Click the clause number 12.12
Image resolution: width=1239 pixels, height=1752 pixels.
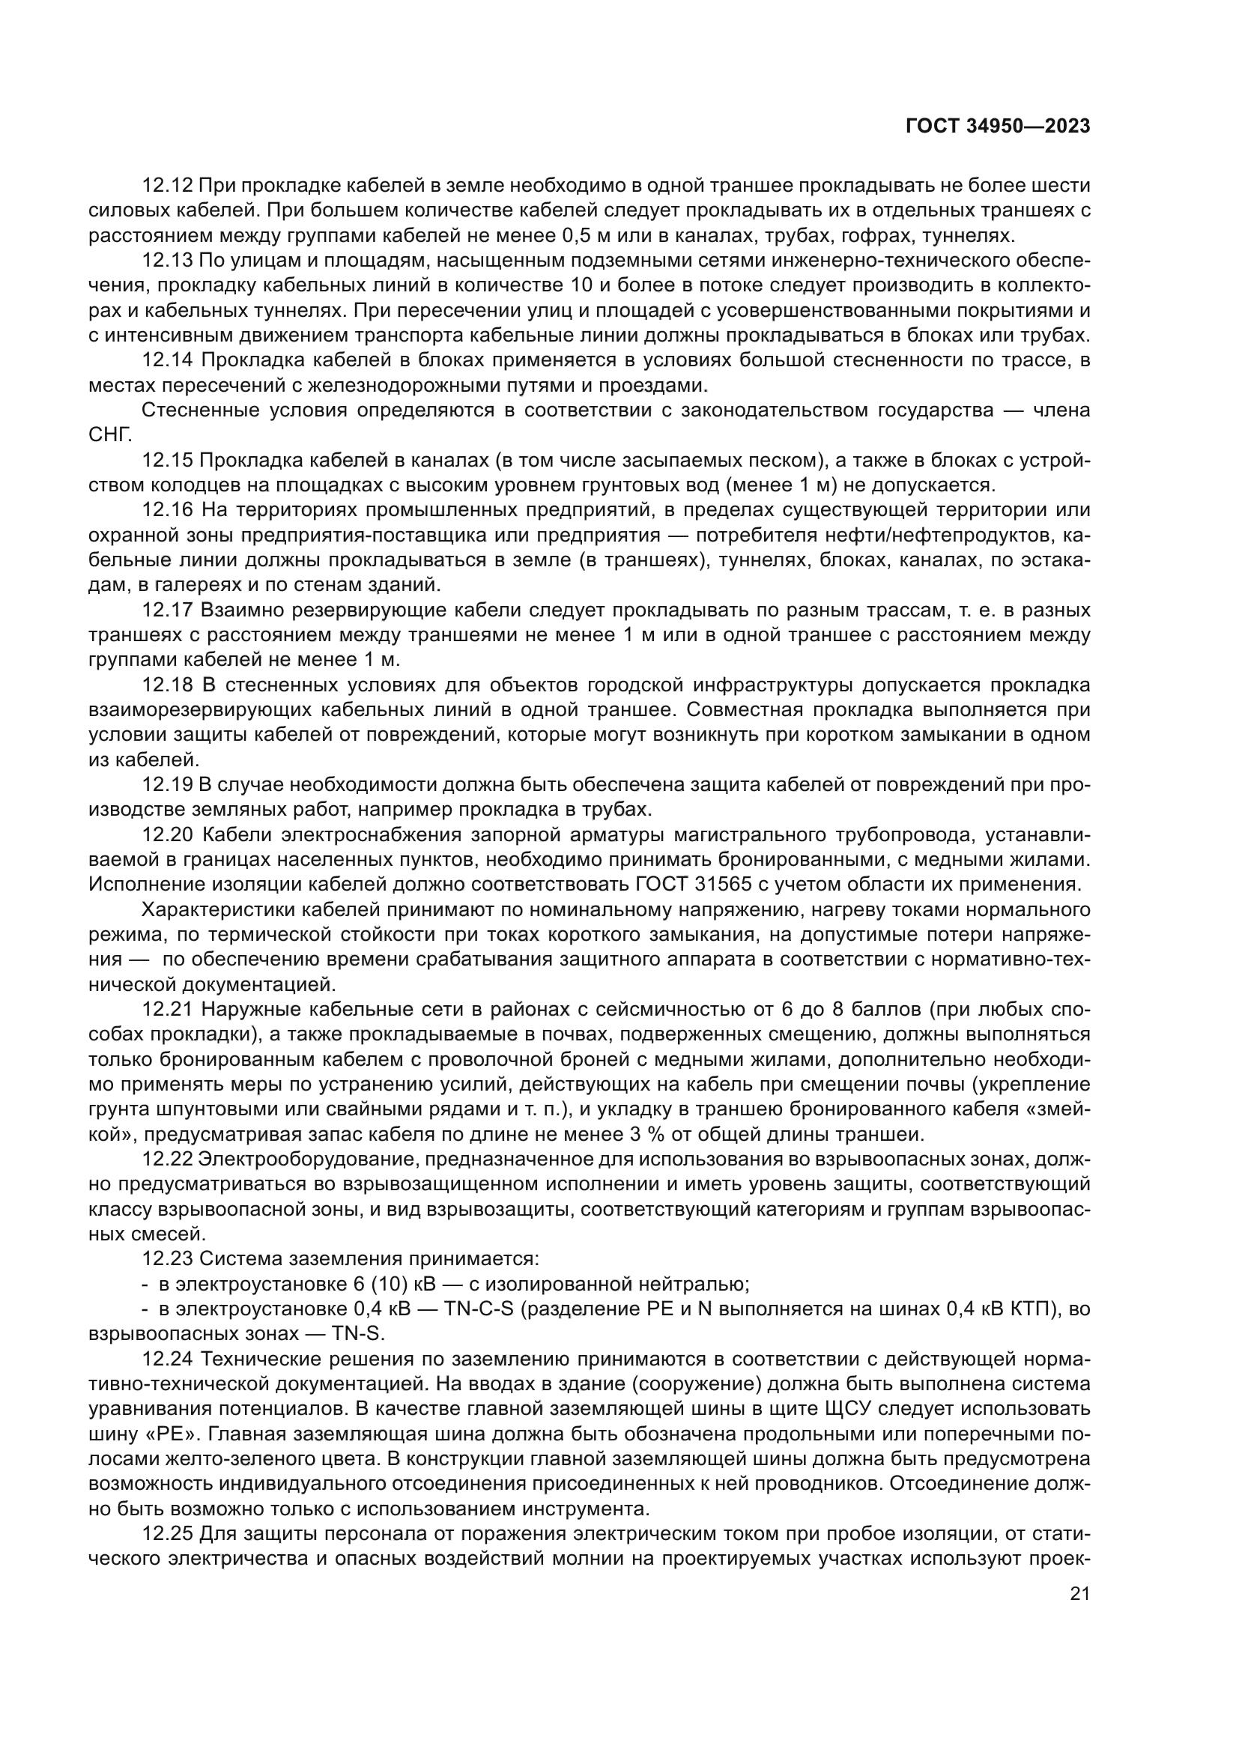(168, 187)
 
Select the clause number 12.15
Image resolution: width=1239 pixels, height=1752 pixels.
(168, 461)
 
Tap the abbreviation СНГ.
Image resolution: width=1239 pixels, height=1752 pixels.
(110, 436)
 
